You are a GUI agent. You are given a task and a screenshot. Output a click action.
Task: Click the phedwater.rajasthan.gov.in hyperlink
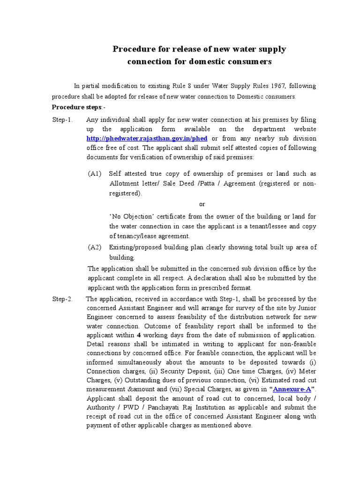[148, 139]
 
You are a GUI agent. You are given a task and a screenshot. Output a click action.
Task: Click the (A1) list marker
[95, 174]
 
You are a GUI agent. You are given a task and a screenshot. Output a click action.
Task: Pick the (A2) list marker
[95, 247]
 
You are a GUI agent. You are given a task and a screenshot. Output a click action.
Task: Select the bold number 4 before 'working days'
[138, 336]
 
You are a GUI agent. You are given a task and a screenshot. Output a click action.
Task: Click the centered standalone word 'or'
[202, 204]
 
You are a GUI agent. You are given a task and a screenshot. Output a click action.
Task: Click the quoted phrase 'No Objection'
[132, 217]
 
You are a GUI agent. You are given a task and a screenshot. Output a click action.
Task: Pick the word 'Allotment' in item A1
[124, 183]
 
